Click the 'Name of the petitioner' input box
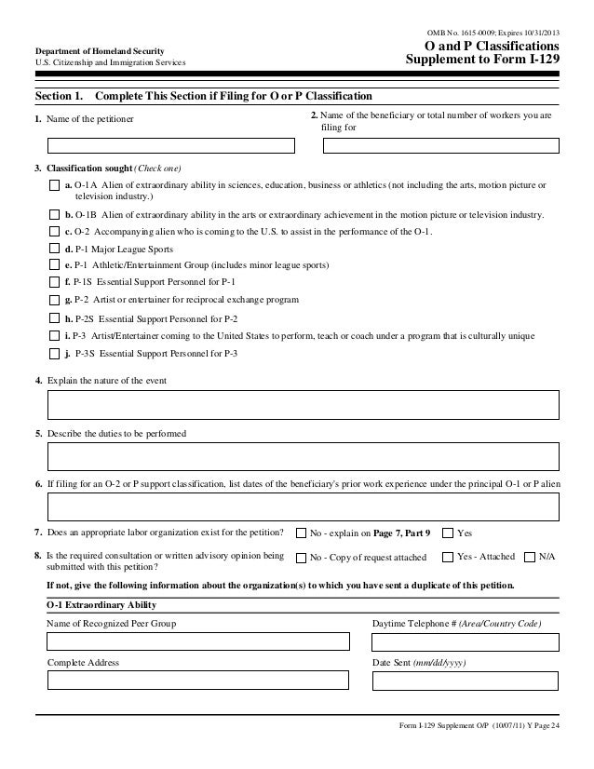(171, 145)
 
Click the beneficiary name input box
(441, 145)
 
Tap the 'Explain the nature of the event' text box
(304, 405)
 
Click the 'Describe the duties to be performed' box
(304, 456)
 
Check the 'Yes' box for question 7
(448, 533)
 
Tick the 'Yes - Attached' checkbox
(448, 557)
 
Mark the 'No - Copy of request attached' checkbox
(301, 558)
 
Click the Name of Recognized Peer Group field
(198, 641)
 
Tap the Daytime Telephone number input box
(466, 641)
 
